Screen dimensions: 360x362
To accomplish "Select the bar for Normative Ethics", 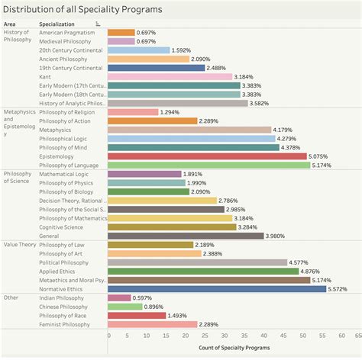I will pyautogui.click(x=217, y=289).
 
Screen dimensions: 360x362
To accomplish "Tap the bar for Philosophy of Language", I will pyautogui.click(x=209, y=165).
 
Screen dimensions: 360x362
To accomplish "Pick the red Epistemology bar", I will pyautogui.click(x=207, y=156).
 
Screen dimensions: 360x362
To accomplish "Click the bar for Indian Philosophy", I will pyautogui.click(x=119, y=297).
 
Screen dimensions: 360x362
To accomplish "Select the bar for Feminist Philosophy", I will pyautogui.click(x=153, y=324).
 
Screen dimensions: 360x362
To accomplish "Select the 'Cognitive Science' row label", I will pyautogui.click(x=63, y=227).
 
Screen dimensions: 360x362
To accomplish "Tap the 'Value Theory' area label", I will pyautogui.click(x=21, y=245).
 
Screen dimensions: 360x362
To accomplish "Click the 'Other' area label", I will pyautogui.click(x=11, y=297).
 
